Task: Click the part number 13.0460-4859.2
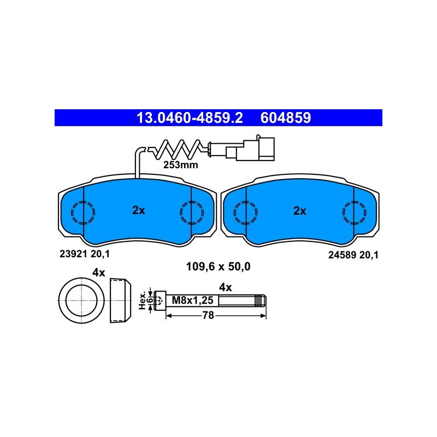pos(190,118)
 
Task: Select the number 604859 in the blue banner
pos(286,118)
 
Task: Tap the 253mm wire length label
pos(181,165)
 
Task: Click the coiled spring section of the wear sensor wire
pos(177,149)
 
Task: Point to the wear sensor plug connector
pos(250,149)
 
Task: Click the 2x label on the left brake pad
pos(139,210)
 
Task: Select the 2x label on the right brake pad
pos(299,211)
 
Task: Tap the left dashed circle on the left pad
pos(83,212)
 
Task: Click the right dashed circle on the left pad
pos(192,212)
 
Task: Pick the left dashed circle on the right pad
pos(245,212)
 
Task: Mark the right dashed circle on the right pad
pos(354,212)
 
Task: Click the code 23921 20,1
pos(85,254)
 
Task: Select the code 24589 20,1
pos(353,255)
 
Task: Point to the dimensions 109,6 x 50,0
pos(218,267)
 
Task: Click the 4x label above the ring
pos(99,273)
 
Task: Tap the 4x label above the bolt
pos(225,287)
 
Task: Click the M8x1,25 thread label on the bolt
pos(193,300)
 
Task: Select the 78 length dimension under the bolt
pos(208,316)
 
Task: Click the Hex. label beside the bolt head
pos(143,300)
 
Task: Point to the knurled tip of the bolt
pos(261,300)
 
